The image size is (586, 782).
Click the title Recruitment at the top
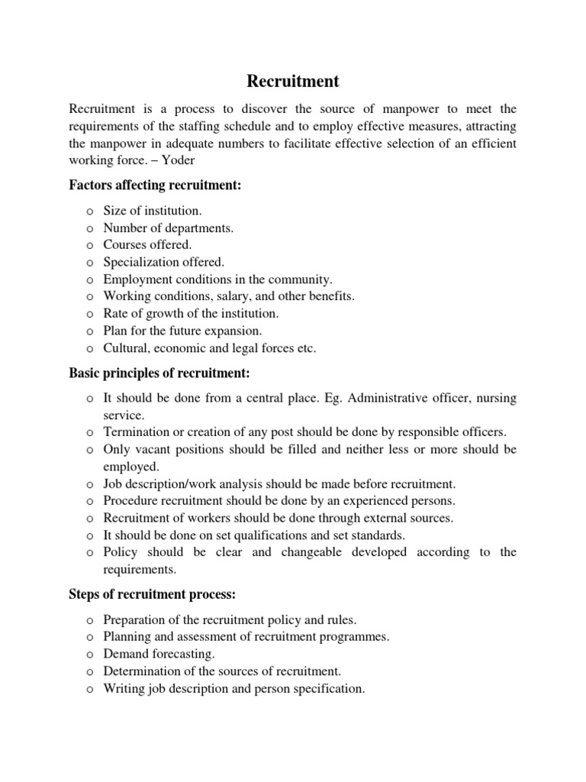[x=293, y=81]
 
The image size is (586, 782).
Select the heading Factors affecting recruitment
[x=155, y=185]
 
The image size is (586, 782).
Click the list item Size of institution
[x=153, y=210]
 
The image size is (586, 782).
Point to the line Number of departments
[x=169, y=227]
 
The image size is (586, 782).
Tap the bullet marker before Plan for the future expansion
[x=89, y=331]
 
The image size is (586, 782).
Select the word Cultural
[x=126, y=348]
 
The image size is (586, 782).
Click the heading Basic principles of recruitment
[x=159, y=373]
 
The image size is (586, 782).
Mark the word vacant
[x=156, y=449]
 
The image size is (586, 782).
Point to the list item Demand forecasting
[x=159, y=654]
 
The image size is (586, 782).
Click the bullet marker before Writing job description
[x=89, y=689]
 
